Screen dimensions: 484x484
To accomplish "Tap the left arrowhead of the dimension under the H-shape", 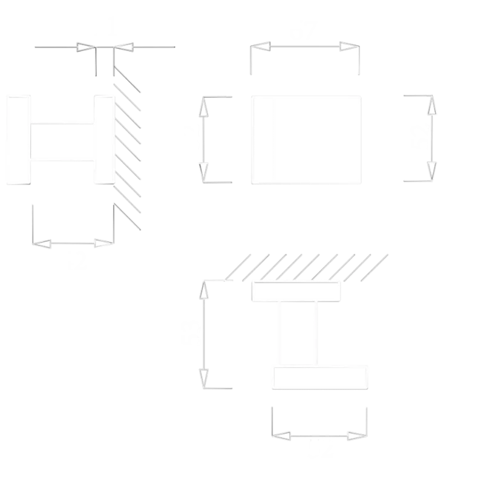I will [41, 244].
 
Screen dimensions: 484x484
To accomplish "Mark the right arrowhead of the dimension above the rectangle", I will [347, 47].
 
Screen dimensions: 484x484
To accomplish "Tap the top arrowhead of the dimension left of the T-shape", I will [204, 293].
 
